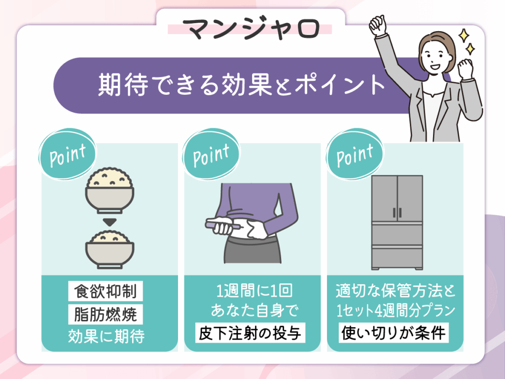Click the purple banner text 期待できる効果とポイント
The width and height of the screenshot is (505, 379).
(x=241, y=84)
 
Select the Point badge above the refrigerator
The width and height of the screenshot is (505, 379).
(x=355, y=154)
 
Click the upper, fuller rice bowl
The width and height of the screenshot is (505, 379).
(x=109, y=188)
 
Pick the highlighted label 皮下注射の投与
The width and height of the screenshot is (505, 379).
(x=250, y=334)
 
